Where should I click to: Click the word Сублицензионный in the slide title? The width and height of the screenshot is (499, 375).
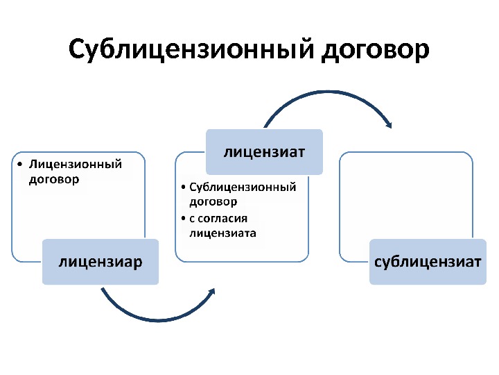pyautogui.click(x=192, y=50)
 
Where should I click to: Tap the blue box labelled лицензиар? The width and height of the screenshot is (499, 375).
pyautogui.click(x=100, y=262)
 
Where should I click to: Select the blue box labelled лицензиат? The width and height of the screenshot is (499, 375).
pyautogui.click(x=264, y=151)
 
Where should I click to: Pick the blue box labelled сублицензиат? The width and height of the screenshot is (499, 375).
pyautogui.click(x=428, y=262)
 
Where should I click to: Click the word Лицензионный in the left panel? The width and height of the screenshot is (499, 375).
pyautogui.click(x=76, y=165)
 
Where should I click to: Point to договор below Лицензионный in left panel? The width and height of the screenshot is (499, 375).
pyautogui.click(x=53, y=178)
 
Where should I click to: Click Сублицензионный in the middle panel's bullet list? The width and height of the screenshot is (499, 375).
pyautogui.click(x=243, y=187)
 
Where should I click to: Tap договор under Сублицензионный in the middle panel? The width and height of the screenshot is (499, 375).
pyautogui.click(x=213, y=201)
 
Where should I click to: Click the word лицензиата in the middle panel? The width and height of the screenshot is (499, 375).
pyautogui.click(x=222, y=233)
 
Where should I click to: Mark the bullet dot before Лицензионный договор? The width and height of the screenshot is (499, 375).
pyautogui.click(x=21, y=165)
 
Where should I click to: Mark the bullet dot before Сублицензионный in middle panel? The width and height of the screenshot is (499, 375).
pyautogui.click(x=182, y=187)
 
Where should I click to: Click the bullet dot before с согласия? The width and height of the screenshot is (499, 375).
pyautogui.click(x=182, y=219)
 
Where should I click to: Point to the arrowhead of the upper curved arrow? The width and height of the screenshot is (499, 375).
pyautogui.click(x=389, y=124)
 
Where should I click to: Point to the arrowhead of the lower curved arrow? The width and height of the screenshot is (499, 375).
pyautogui.click(x=212, y=292)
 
